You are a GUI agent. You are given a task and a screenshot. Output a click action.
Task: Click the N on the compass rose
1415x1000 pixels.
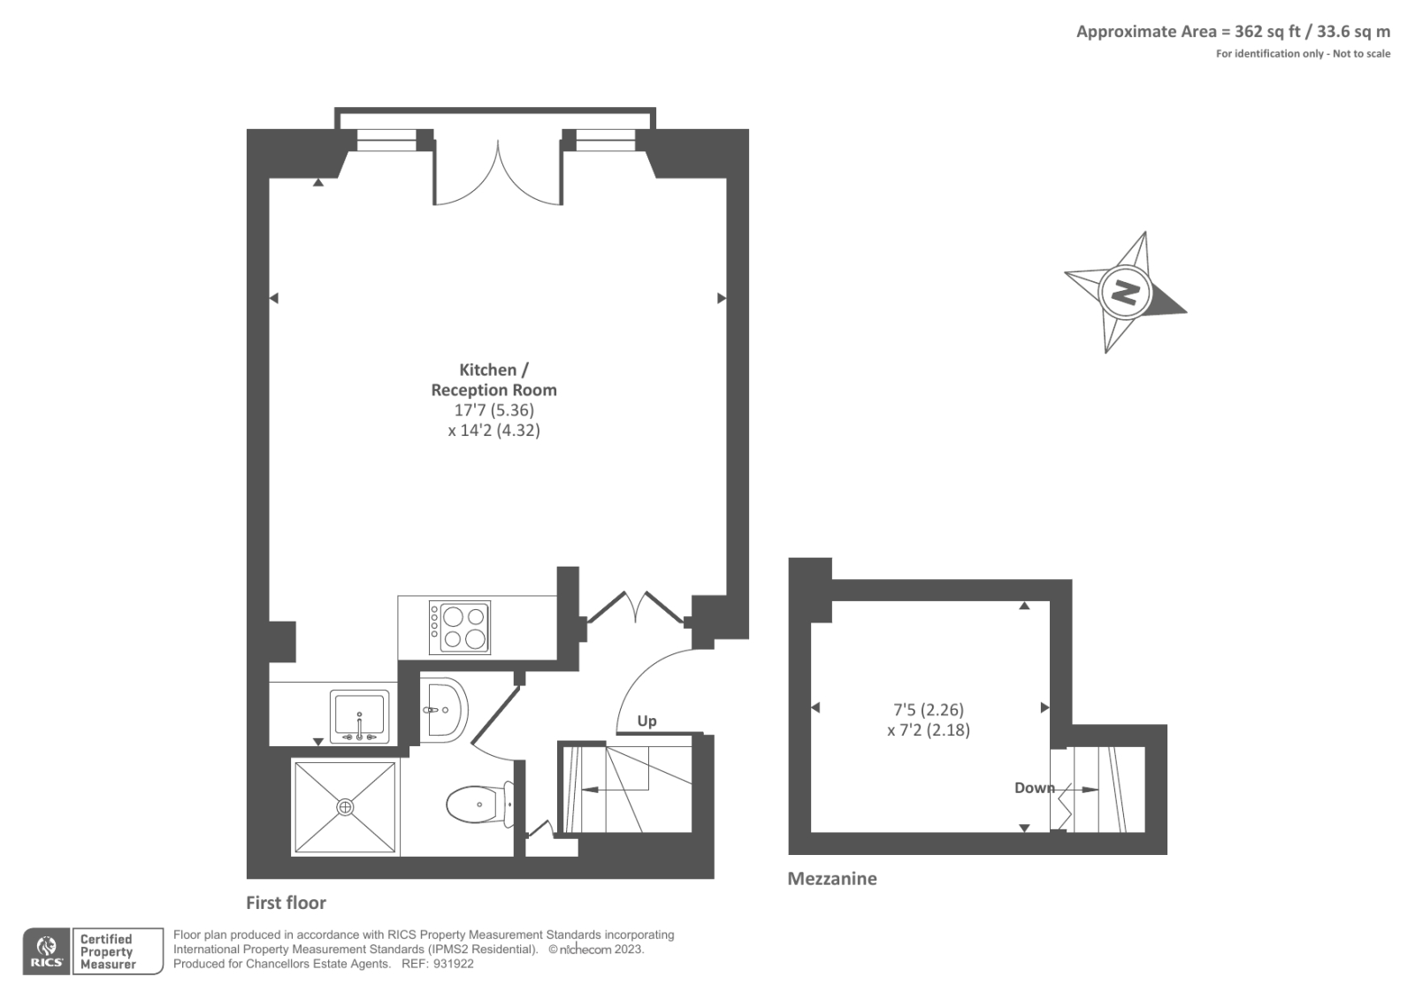coord(1125,291)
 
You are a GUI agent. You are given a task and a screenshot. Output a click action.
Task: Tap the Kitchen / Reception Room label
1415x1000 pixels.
coord(493,379)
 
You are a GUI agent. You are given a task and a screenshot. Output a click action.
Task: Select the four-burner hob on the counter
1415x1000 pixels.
coord(460,627)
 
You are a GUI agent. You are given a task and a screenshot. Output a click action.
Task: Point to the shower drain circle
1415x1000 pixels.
coord(345,806)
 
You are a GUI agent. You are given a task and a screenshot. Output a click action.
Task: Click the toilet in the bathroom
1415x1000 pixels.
coord(477,805)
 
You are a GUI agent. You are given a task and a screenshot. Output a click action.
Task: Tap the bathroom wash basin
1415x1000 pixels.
coord(445,708)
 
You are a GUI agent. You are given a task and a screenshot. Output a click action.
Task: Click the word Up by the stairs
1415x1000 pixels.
coord(646,721)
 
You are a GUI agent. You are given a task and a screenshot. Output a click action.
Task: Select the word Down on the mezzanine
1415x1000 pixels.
coord(1034,787)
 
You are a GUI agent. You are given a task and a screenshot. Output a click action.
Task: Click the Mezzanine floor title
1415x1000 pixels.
coord(831,878)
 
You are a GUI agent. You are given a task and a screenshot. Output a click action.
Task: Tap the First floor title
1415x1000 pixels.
coord(286,903)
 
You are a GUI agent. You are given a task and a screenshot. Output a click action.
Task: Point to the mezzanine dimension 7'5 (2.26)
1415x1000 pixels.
coord(928,709)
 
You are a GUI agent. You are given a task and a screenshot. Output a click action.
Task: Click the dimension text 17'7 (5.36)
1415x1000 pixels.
coord(493,410)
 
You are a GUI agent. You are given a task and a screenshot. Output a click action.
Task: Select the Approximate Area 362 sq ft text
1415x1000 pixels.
coord(1232,32)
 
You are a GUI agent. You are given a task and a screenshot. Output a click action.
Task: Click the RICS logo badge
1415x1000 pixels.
coord(47,951)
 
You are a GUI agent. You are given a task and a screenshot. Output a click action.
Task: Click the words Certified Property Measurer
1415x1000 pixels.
coord(107,951)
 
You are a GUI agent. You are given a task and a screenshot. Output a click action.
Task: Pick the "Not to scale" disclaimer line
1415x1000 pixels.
coord(1302,54)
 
